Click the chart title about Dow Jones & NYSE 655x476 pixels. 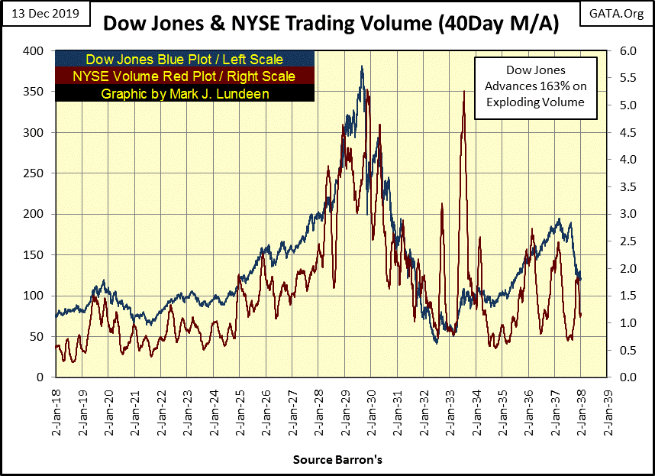(x=331, y=24)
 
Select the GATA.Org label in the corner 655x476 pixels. (x=615, y=13)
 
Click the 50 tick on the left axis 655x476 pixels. (x=37, y=336)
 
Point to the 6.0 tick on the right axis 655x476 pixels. (x=622, y=51)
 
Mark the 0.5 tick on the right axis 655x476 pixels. (x=622, y=350)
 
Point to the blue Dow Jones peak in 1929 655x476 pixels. (x=362, y=67)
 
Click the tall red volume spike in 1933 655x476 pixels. (x=463, y=92)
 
